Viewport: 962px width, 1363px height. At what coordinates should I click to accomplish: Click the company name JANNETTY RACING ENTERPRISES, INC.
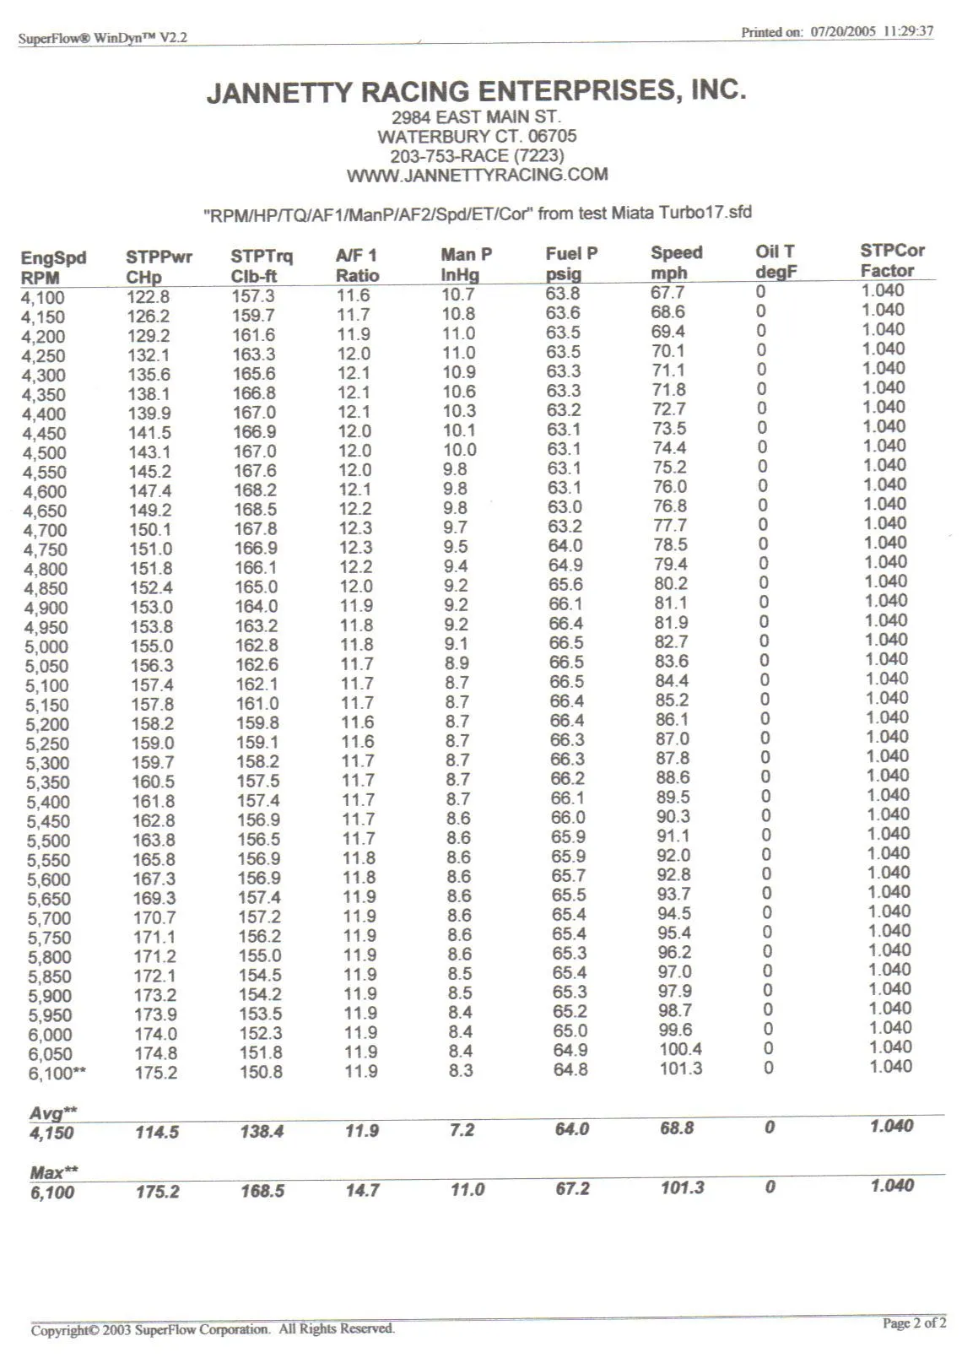(477, 90)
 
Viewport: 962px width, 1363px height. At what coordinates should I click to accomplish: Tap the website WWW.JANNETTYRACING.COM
(477, 175)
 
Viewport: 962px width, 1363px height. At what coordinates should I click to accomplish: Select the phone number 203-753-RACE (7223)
(477, 155)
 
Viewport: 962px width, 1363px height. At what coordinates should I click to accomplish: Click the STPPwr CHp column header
(159, 267)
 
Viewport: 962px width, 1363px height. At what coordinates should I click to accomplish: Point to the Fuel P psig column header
(571, 263)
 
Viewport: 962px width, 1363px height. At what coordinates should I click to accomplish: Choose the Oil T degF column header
(776, 262)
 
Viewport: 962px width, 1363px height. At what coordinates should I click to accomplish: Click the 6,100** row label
(56, 1074)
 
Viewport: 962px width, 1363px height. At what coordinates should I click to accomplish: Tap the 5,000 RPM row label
(46, 646)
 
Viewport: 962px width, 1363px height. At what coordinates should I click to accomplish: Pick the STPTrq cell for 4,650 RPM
(255, 510)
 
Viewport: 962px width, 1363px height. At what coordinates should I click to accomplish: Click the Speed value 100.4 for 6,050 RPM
(680, 1049)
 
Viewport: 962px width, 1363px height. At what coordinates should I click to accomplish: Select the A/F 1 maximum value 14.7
(362, 1190)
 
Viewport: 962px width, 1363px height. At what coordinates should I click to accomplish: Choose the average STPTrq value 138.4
(262, 1131)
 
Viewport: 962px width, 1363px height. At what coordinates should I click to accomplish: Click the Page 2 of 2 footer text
(914, 1322)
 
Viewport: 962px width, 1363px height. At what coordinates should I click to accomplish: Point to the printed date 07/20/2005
(843, 32)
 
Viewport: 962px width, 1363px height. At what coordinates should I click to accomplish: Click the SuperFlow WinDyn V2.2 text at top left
(103, 38)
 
